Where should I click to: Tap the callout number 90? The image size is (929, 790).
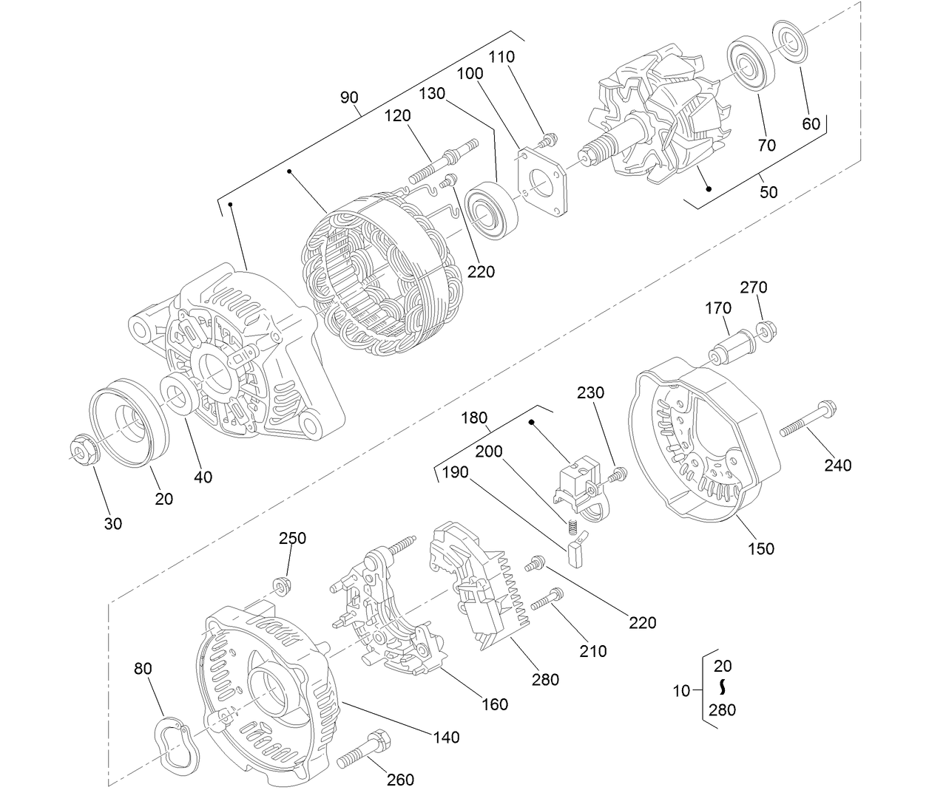pos(349,98)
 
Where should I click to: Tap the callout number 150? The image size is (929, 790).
pos(761,548)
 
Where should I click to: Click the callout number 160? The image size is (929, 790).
pos(494,704)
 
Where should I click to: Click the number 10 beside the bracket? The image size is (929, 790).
pos(681,691)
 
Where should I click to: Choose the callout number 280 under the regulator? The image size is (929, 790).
pos(545,679)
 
